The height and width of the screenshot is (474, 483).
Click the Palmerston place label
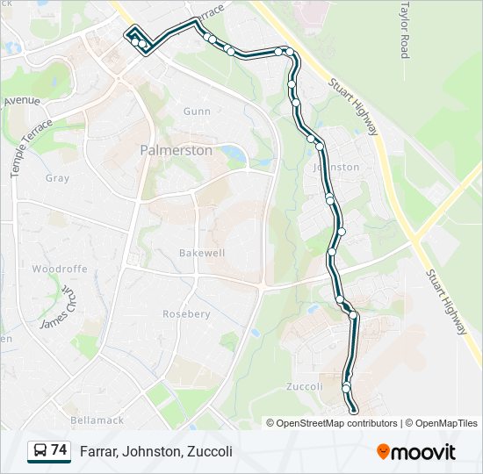pyautogui.click(x=176, y=150)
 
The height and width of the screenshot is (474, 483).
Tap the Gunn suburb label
pyautogui.click(x=197, y=111)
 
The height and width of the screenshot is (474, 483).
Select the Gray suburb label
pyautogui.click(x=57, y=178)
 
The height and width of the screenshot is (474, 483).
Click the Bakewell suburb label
pyautogui.click(x=202, y=253)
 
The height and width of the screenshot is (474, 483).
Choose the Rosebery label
pyautogui.click(x=186, y=313)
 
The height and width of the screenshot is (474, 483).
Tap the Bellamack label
pyautogui.click(x=98, y=420)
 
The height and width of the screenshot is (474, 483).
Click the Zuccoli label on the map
pyautogui.click(x=305, y=386)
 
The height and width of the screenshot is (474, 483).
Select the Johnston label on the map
pyautogui.click(x=336, y=167)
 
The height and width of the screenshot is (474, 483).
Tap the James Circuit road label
pyautogui.click(x=59, y=305)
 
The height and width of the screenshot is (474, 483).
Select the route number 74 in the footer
pyautogui.click(x=59, y=450)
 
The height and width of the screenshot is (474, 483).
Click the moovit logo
pyautogui.click(x=416, y=451)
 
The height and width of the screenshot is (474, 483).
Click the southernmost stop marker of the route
pyautogui.click(x=354, y=410)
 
